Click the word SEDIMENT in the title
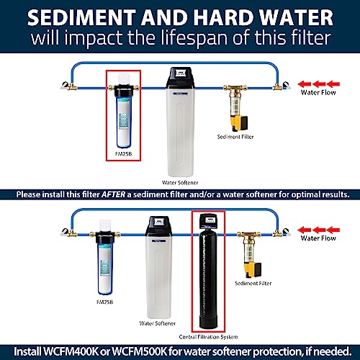[81, 17]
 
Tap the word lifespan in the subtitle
[194, 38]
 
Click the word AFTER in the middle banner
[113, 194]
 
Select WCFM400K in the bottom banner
[71, 351]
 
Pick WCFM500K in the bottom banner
[139, 351]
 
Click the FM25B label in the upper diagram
[123, 154]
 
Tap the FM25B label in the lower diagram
[104, 302]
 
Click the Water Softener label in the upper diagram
[180, 183]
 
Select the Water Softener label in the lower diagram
[158, 323]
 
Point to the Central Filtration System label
[209, 337]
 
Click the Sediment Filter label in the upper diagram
[235, 137]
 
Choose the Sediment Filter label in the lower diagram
[253, 284]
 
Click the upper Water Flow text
[318, 92]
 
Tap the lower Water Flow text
[318, 238]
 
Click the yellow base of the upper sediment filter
[239, 123]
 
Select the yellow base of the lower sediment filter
[253, 270]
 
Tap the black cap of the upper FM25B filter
[123, 91]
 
